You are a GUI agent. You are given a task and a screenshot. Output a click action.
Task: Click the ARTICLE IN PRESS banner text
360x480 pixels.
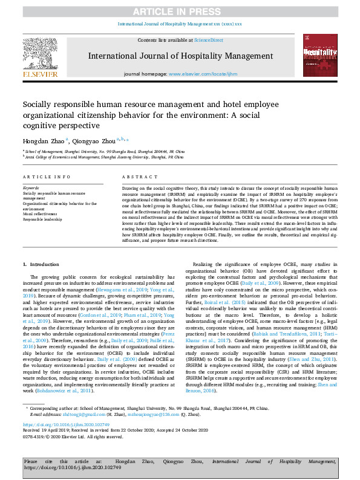pos(180,11)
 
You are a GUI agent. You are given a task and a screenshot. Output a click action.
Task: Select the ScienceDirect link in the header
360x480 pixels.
pos(208,40)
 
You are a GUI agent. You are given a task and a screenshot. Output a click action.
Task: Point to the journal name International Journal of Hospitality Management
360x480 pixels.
pos(180,56)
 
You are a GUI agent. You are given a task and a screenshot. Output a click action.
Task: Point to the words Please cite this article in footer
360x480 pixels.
pos(42,461)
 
